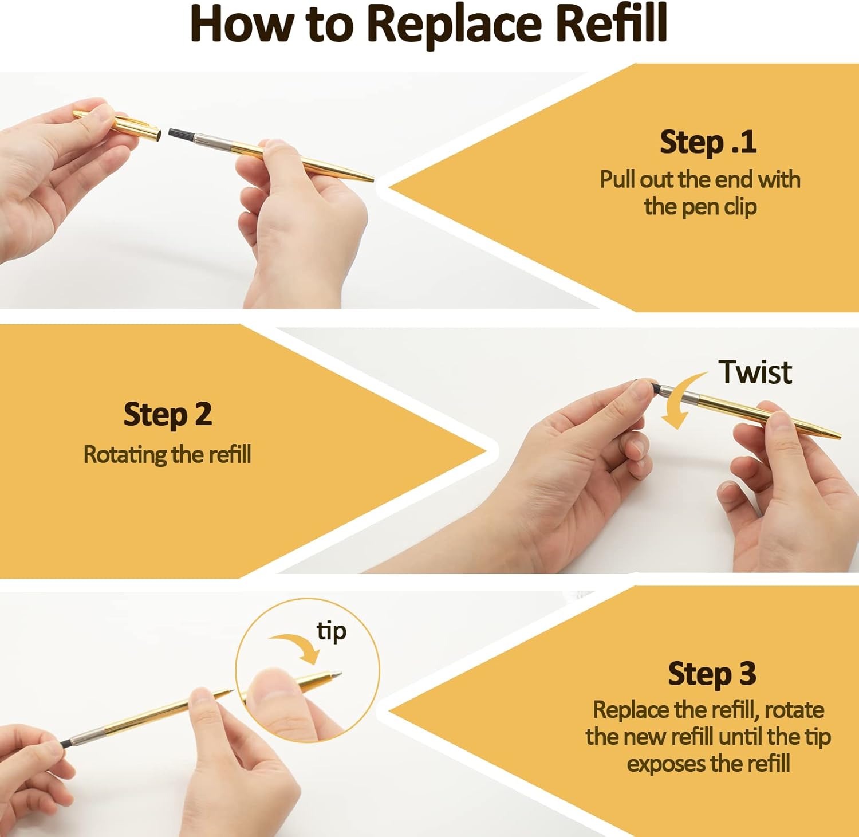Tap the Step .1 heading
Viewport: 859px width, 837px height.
point(708,143)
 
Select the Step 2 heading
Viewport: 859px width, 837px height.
point(168,415)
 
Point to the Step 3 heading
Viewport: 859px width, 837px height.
point(712,674)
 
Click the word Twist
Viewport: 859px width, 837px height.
point(755,372)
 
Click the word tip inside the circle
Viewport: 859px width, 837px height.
point(332,631)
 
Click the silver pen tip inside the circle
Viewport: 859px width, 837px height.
point(336,675)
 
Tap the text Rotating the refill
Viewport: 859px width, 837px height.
point(167,455)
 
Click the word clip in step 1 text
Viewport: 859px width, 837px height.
point(740,207)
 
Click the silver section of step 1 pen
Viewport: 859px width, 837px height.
point(214,140)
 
